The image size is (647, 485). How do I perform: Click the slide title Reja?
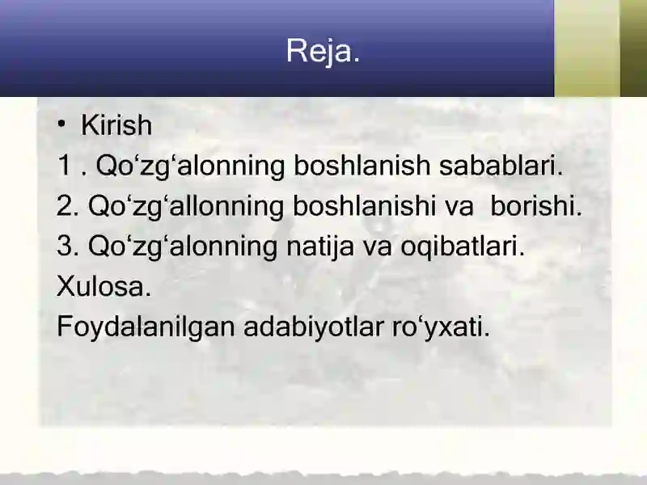tap(323, 51)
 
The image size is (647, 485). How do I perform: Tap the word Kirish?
tap(116, 124)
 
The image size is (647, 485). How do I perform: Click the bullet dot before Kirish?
tap(61, 124)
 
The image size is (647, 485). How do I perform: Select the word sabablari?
tap(501, 165)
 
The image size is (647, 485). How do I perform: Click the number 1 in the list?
tap(65, 165)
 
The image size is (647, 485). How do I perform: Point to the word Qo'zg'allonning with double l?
tap(186, 206)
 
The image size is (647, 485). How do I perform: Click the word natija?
tap(320, 247)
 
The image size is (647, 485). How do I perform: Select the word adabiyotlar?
tap(314, 327)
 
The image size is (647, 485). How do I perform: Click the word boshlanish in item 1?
tap(362, 165)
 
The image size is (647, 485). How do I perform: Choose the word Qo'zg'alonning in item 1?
tap(190, 166)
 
